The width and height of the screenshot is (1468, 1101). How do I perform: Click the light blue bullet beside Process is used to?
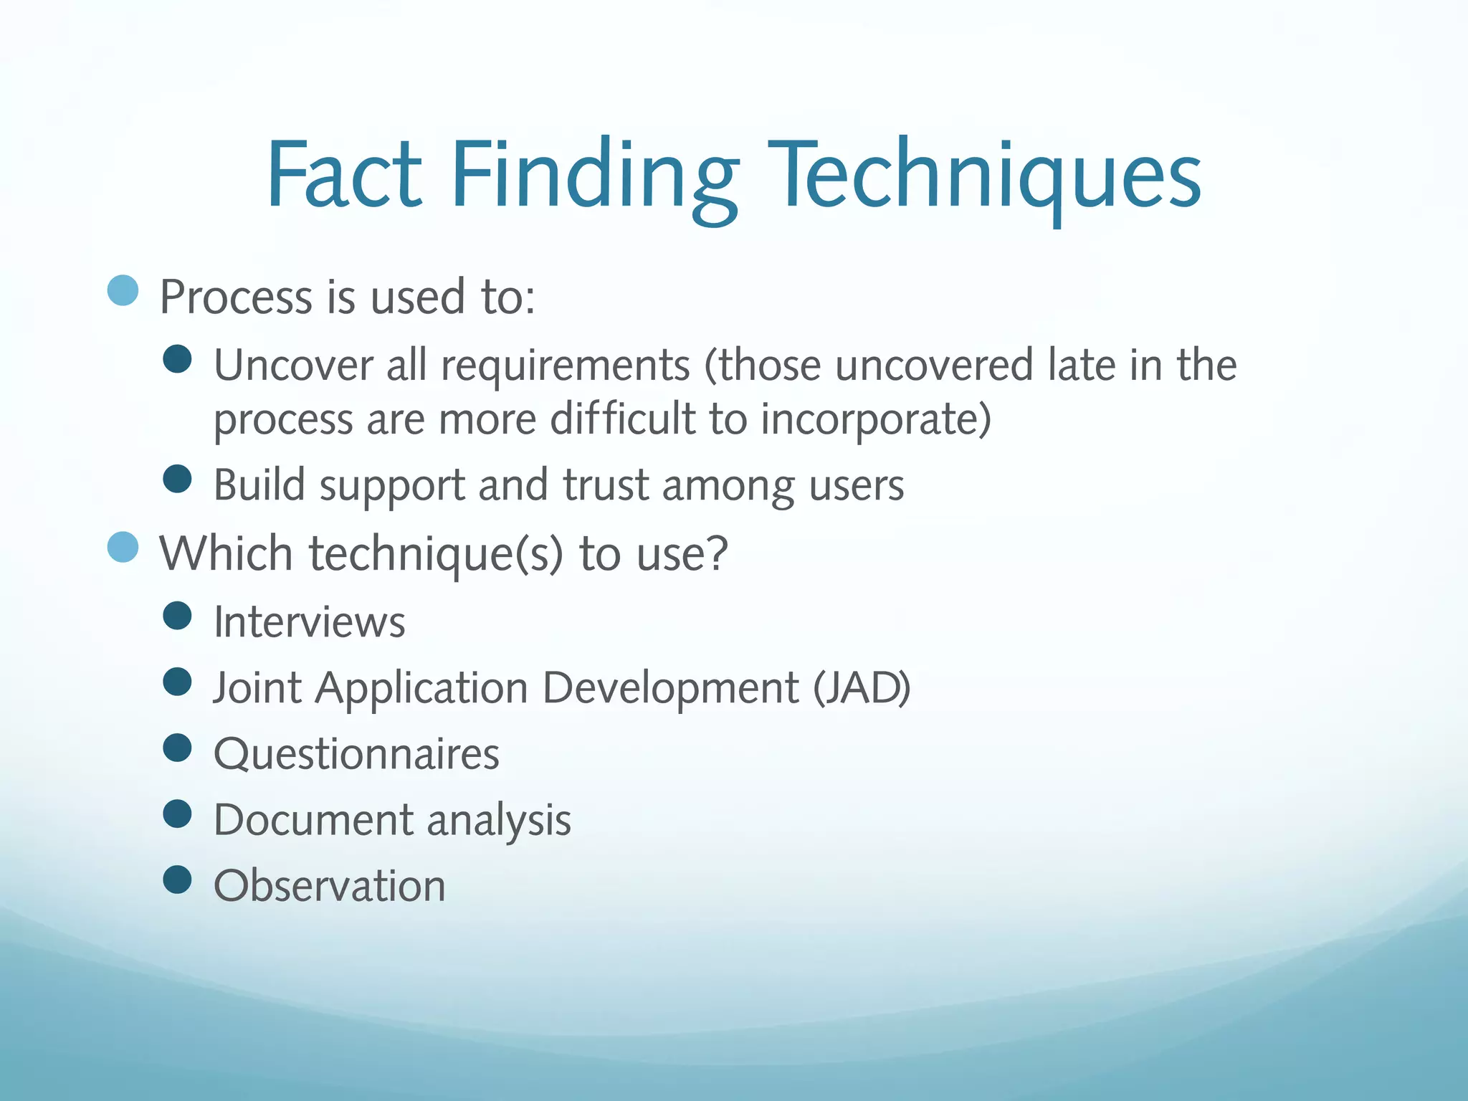pyautogui.click(x=123, y=290)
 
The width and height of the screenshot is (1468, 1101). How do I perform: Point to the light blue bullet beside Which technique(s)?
pyautogui.click(x=123, y=548)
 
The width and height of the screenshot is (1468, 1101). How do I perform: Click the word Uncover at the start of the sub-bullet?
pyautogui.click(x=293, y=365)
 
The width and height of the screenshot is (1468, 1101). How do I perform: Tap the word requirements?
pyautogui.click(x=566, y=365)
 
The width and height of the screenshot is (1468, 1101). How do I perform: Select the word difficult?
pyautogui.click(x=623, y=419)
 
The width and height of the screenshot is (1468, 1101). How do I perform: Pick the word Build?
pyautogui.click(x=259, y=485)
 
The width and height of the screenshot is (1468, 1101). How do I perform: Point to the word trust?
pyautogui.click(x=606, y=485)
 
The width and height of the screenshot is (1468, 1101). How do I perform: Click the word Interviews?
pyautogui.click(x=310, y=621)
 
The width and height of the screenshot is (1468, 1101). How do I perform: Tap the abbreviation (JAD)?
pyautogui.click(x=862, y=688)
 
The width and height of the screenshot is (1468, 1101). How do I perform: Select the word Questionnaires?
pyautogui.click(x=356, y=754)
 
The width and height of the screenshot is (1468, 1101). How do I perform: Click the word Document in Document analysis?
pyautogui.click(x=313, y=820)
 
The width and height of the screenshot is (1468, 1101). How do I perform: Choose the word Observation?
pyautogui.click(x=330, y=886)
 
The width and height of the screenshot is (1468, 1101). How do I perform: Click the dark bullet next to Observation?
pyautogui.click(x=177, y=880)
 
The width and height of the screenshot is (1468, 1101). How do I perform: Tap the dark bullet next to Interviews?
pyautogui.click(x=177, y=615)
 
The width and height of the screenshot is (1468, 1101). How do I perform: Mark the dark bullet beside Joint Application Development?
pyautogui.click(x=177, y=682)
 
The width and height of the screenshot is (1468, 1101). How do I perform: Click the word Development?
pyautogui.click(x=670, y=688)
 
